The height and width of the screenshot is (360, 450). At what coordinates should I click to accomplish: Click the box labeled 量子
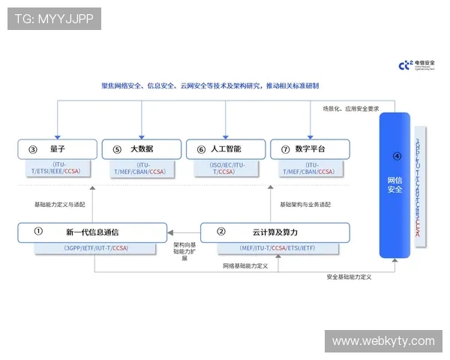58,148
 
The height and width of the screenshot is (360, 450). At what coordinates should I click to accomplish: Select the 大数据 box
141,148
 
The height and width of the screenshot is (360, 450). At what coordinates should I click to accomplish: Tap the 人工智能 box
226,148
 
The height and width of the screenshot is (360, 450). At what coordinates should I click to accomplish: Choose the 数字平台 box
310,148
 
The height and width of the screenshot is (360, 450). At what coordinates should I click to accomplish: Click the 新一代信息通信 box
92,232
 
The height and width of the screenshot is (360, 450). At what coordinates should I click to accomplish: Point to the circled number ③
32,149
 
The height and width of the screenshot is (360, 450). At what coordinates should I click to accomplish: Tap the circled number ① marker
37,232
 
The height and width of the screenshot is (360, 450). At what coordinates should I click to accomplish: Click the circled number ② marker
220,232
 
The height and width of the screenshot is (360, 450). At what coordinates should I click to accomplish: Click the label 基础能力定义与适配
60,204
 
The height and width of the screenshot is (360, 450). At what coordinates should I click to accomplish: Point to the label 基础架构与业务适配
305,204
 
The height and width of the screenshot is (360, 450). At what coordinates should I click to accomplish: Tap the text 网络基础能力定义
245,265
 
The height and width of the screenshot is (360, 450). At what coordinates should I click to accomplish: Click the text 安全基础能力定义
349,277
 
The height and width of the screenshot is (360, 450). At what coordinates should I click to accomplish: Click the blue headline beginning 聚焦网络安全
210,85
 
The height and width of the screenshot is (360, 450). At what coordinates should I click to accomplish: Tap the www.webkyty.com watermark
383,341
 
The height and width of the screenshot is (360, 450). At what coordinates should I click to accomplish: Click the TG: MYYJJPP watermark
53,19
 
